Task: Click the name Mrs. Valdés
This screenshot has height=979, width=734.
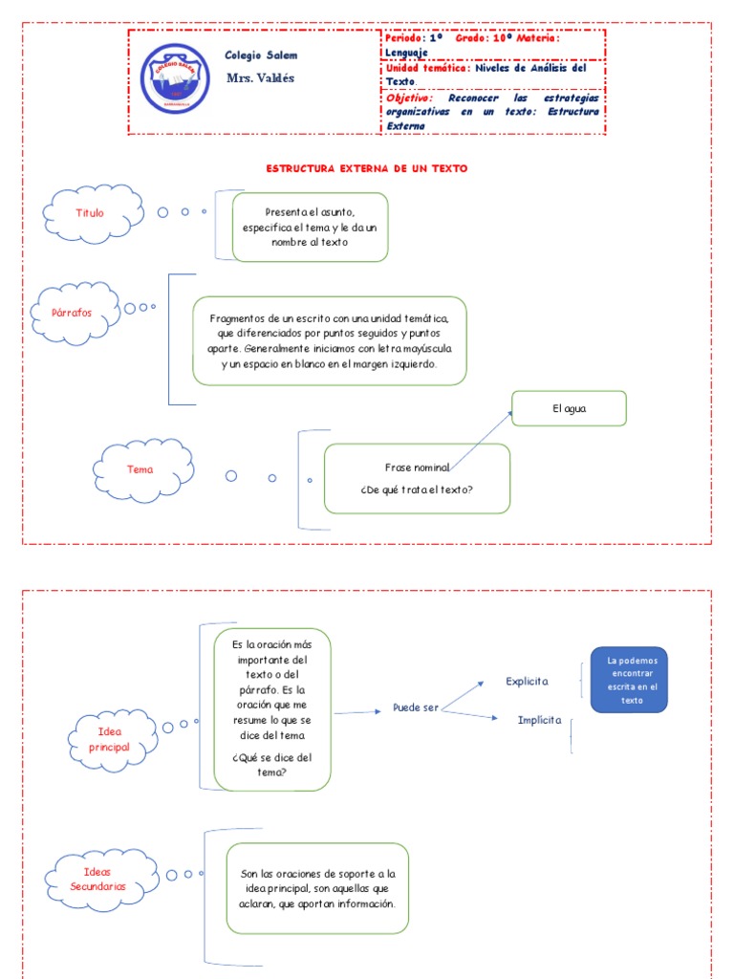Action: pos(260,78)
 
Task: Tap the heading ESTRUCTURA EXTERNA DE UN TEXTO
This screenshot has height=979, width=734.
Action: pos(366,168)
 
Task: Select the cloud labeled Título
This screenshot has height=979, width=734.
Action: pos(92,212)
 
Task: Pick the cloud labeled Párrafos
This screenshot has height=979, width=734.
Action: pos(78,313)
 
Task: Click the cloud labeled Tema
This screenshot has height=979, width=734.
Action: pos(140,469)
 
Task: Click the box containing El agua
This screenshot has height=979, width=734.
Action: pos(569,408)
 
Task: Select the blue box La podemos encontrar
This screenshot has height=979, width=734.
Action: pos(628,680)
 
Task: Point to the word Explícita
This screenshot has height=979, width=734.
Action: pos(527,681)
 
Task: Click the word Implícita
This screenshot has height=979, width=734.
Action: pos(539,720)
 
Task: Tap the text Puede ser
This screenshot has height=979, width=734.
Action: pos(416,707)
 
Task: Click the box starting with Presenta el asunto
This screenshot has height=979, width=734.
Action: pos(310,227)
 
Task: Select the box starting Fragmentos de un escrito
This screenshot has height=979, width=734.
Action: pos(329,339)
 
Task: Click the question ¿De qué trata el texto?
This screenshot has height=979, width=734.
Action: pos(417,490)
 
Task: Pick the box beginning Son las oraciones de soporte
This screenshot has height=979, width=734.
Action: pos(317,888)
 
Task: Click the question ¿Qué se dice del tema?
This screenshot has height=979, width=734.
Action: pos(272,765)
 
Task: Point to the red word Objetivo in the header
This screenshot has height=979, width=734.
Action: pos(409,98)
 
